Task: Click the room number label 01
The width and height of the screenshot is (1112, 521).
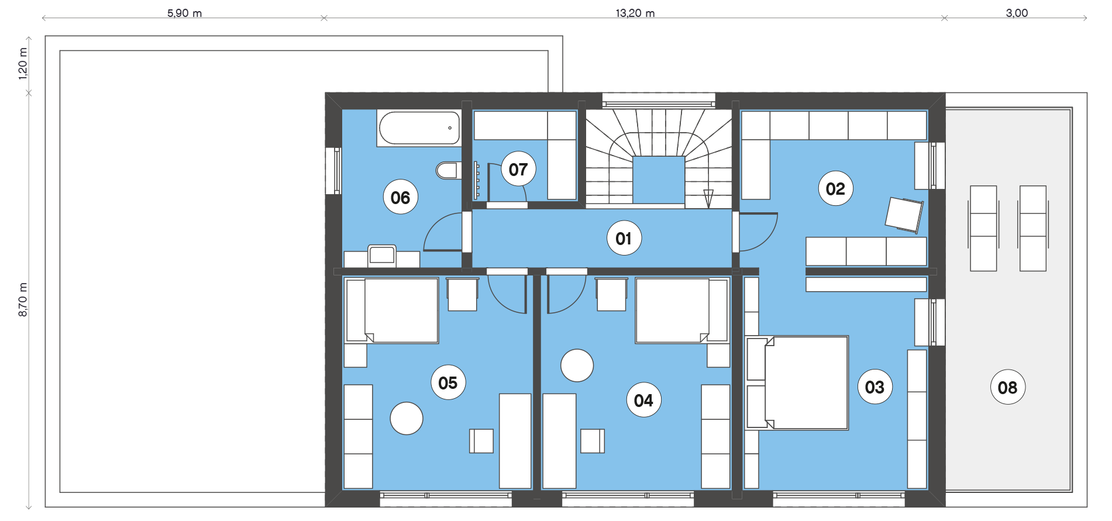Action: [x=624, y=239]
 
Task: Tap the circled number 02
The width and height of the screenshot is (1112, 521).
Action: [x=835, y=189]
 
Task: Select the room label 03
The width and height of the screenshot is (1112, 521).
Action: [x=875, y=387]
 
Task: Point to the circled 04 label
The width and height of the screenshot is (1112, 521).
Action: [x=643, y=400]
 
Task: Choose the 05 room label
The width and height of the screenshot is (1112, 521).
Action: [x=448, y=382]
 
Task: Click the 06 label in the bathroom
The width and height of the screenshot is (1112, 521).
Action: [x=400, y=198]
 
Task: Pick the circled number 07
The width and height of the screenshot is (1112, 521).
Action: [x=518, y=169]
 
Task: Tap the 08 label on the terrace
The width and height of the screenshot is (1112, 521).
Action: [x=1007, y=387]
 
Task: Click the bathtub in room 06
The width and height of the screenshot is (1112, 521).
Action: [x=419, y=128]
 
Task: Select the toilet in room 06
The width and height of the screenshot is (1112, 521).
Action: [x=448, y=170]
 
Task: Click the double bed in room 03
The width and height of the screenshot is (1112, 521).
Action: [x=797, y=382]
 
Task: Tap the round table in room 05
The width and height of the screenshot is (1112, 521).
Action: [x=407, y=418]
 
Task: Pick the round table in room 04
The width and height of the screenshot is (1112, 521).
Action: [x=577, y=365]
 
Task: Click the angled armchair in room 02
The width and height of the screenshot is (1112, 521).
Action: [x=904, y=215]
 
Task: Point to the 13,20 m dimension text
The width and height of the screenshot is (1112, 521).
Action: [x=635, y=13]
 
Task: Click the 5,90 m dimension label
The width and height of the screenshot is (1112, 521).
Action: [x=185, y=13]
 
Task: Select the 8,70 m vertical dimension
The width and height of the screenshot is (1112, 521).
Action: [x=23, y=300]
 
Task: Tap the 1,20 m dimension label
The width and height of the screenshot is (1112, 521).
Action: [x=23, y=64]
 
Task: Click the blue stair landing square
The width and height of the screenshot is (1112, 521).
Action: [x=659, y=180]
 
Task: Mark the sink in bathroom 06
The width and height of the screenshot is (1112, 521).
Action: [x=382, y=256]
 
